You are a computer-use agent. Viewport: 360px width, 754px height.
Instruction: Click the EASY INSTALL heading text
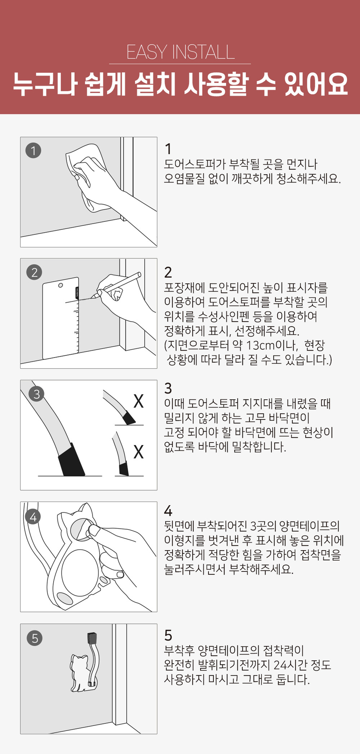[x=180, y=52]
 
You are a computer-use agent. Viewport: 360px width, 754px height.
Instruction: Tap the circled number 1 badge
[x=33, y=150]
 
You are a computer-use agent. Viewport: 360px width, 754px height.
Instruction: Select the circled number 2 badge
[x=34, y=273]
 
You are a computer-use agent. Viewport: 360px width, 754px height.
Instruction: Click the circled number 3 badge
[x=37, y=394]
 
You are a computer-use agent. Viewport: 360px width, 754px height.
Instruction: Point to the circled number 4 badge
[x=33, y=517]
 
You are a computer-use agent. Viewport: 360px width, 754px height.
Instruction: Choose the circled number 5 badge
[x=35, y=638]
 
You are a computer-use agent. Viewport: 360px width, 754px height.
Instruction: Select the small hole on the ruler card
[x=61, y=286]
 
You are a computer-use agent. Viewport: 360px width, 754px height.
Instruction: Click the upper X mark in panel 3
[x=139, y=401]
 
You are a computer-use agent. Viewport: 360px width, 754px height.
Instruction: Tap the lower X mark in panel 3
[x=139, y=452]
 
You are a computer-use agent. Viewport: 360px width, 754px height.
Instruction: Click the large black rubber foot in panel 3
[x=71, y=461]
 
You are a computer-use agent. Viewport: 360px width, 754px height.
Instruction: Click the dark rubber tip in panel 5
[x=92, y=638]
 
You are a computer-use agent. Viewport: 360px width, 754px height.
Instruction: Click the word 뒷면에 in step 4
[x=178, y=526]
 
